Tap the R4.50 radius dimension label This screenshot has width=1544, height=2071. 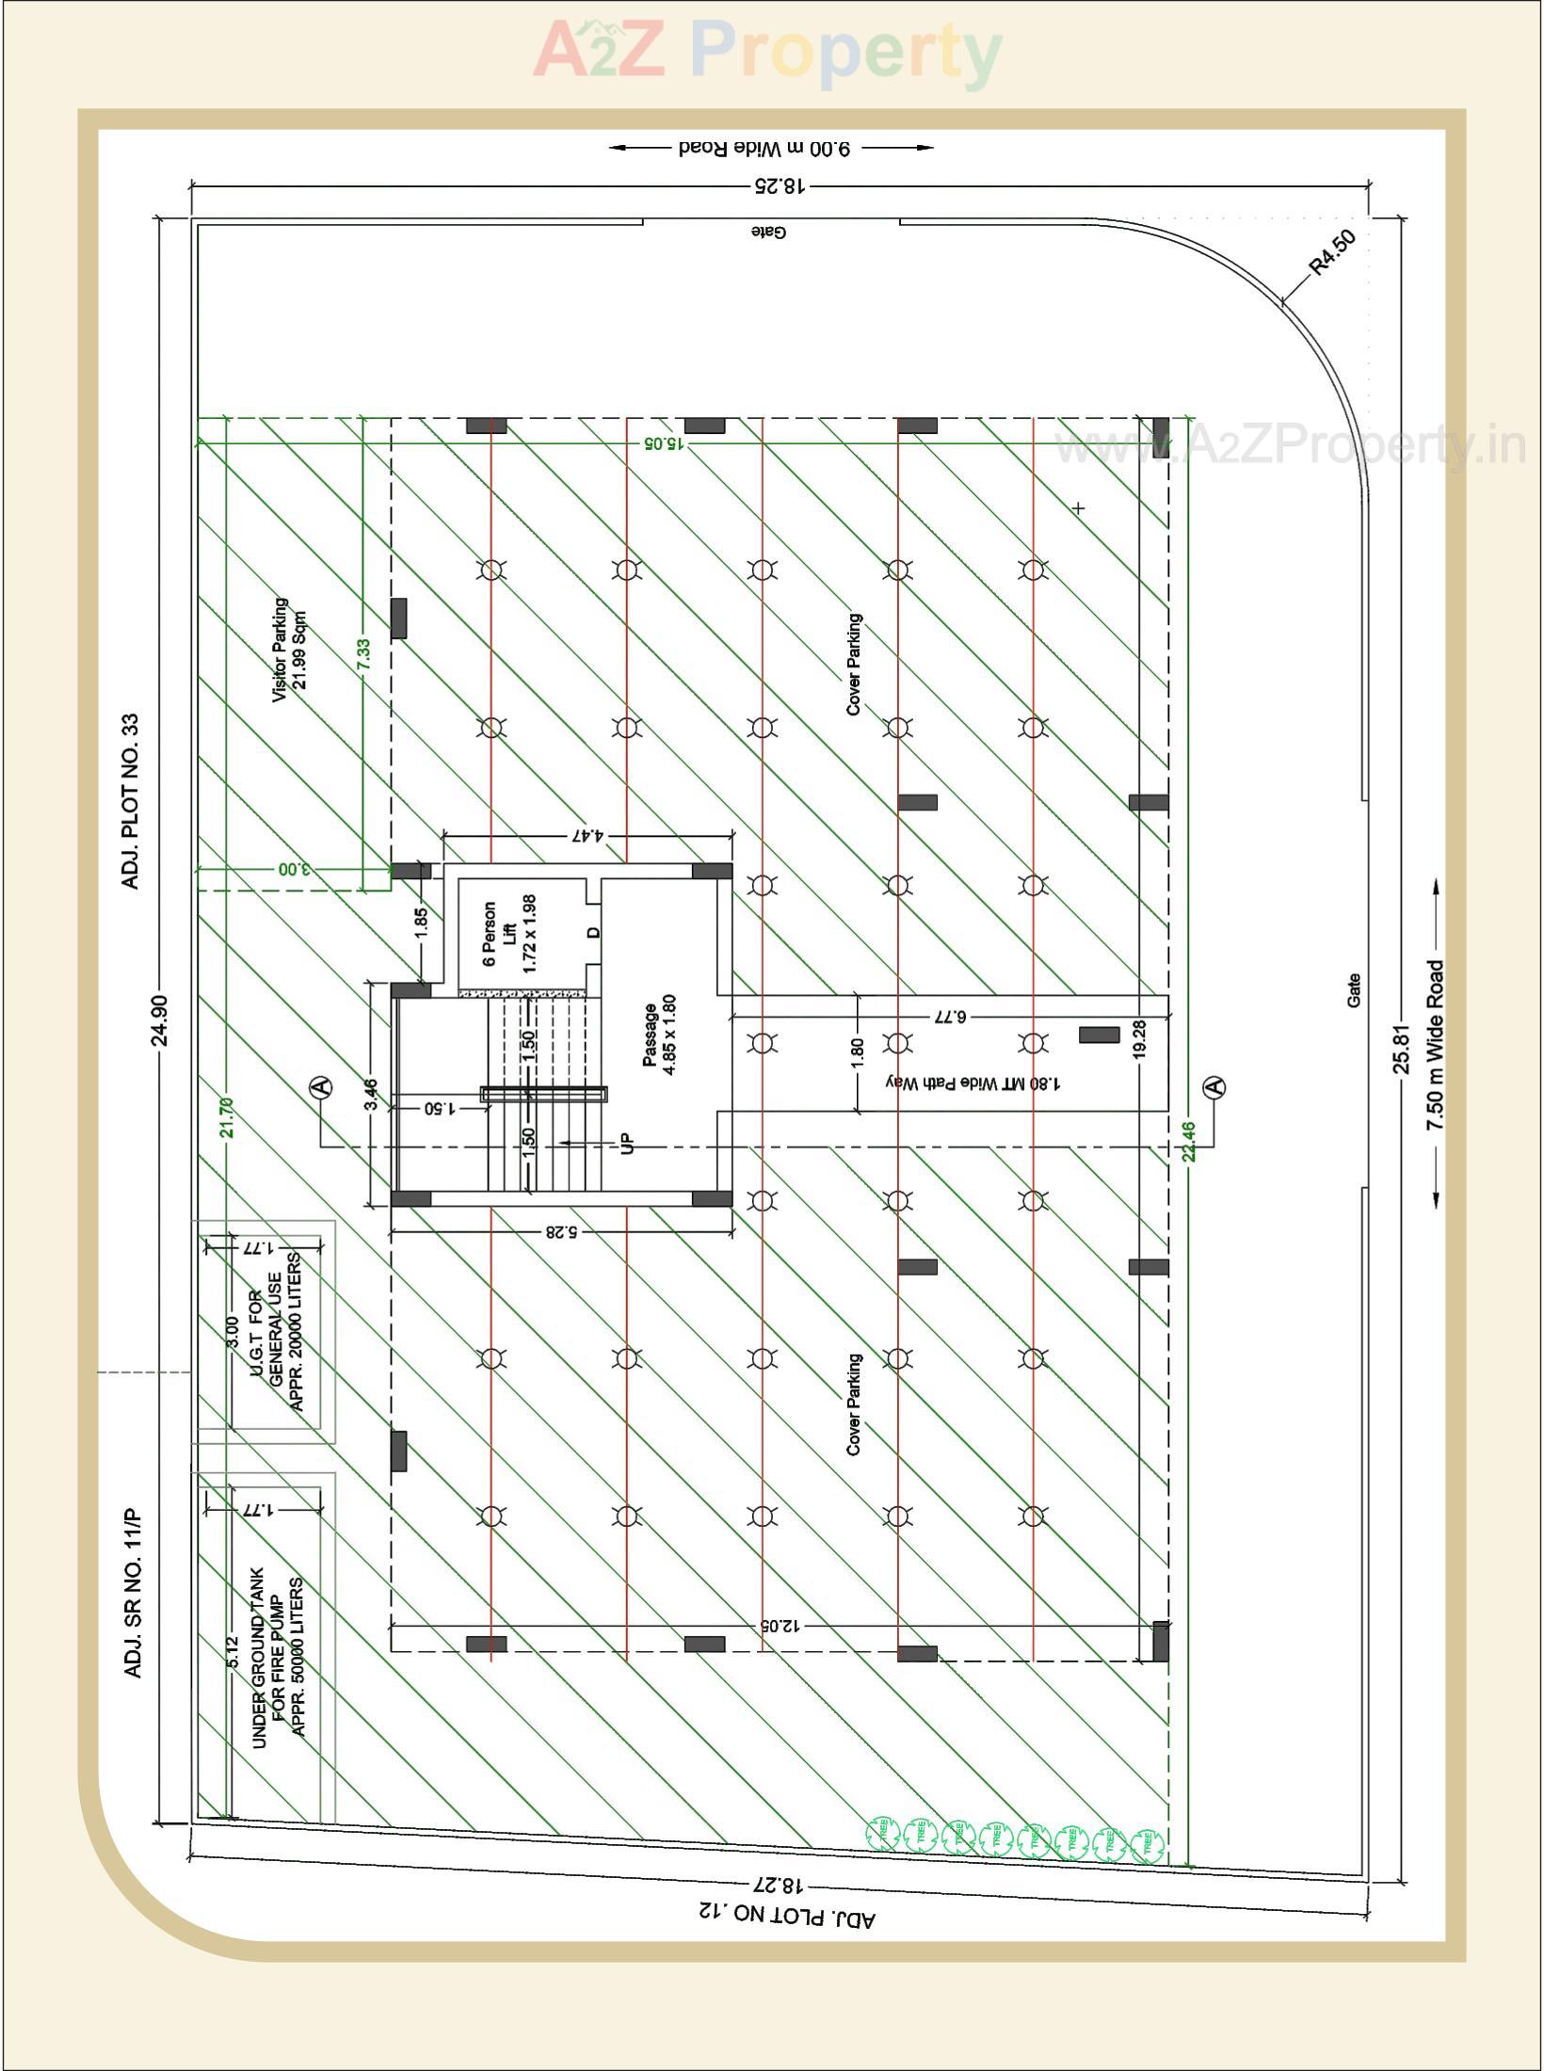1333,251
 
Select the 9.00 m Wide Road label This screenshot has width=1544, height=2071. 764,148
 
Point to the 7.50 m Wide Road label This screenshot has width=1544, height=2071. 1434,1045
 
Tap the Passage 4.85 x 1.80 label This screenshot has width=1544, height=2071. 659,1035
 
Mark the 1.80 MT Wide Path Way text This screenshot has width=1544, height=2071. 973,1083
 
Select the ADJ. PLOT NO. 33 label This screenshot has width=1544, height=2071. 131,801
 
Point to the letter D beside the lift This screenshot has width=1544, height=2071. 593,933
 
